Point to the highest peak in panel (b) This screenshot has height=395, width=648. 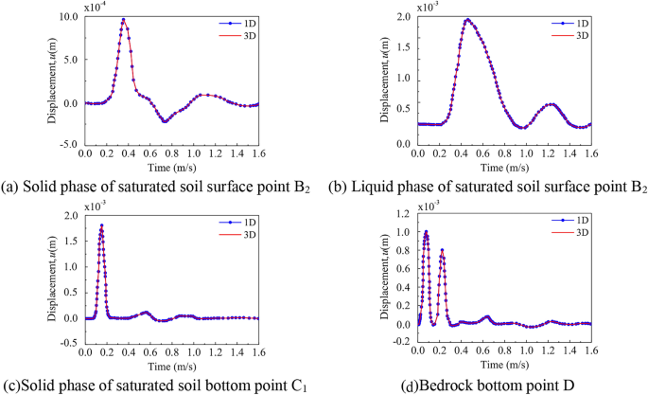tap(467, 20)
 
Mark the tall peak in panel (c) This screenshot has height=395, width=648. tap(101, 225)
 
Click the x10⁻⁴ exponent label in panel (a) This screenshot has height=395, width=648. tap(95, 7)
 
